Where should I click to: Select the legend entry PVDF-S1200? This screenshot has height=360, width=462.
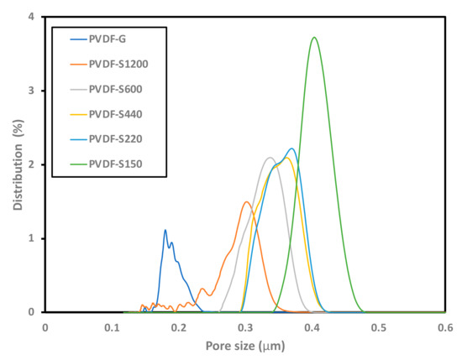click(114, 63)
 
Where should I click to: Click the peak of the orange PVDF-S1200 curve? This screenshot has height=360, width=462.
click(246, 201)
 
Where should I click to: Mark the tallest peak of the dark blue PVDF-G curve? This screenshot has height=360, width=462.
click(165, 230)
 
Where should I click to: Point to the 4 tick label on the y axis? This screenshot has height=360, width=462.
click(31, 17)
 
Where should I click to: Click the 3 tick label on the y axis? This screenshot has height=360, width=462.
click(31, 91)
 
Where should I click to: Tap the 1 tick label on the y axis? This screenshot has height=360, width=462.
click(31, 238)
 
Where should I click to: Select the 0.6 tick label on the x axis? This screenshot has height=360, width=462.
click(445, 327)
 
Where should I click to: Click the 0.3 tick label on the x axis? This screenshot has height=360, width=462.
click(245, 327)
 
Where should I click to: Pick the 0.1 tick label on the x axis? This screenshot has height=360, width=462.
click(112, 327)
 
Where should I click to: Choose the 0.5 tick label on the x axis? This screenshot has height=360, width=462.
click(379, 327)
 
